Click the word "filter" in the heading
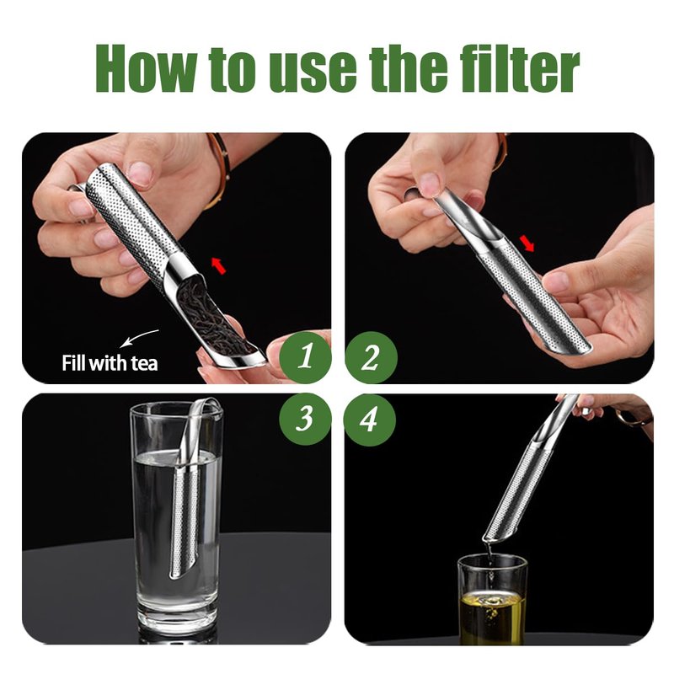click(520, 69)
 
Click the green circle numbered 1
click(305, 357)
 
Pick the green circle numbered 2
click(371, 357)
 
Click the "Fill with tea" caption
click(110, 363)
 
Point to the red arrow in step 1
click(219, 265)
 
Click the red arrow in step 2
click(527, 243)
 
